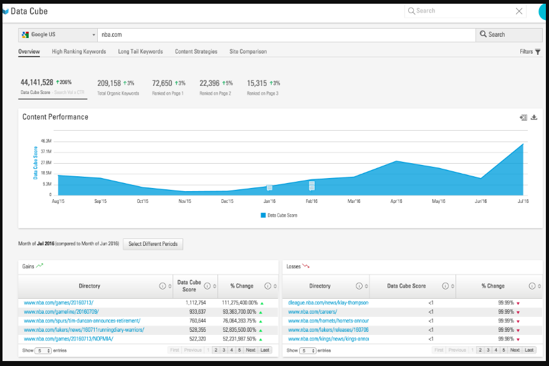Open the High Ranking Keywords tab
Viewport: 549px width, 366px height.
(79, 52)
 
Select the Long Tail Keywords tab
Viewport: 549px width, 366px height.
(140, 52)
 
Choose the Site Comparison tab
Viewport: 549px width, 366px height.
(248, 52)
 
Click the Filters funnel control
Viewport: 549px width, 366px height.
(530, 52)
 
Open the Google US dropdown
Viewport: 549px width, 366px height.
(57, 35)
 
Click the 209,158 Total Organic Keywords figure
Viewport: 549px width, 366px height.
(109, 83)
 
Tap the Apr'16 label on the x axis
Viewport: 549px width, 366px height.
(396, 201)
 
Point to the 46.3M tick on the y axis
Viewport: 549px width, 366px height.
(46, 141)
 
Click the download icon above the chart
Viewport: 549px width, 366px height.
(534, 117)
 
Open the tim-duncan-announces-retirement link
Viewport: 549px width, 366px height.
(82, 321)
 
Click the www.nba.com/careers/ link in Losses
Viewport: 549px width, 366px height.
(312, 311)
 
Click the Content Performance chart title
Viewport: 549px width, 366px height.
(55, 117)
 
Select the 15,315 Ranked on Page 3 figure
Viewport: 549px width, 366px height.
(257, 83)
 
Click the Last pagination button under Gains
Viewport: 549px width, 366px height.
(265, 350)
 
